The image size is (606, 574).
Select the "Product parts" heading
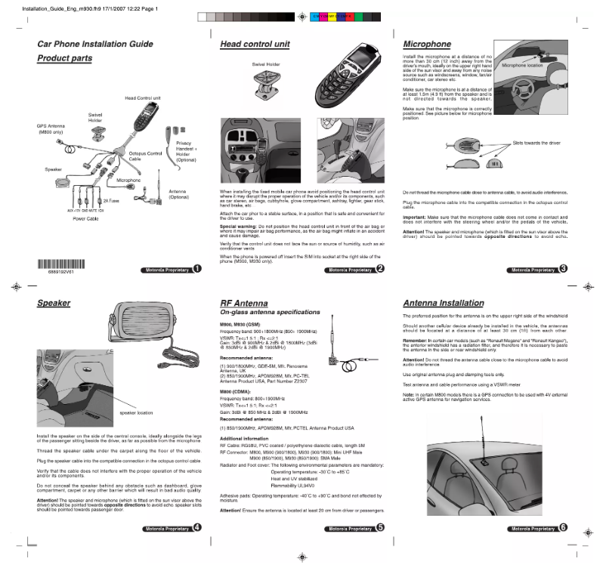65,58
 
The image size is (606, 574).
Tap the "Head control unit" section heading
255,45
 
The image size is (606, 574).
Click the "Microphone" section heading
427,45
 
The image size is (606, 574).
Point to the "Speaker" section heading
54,303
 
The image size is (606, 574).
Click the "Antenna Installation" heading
444,303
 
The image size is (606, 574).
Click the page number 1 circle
196,269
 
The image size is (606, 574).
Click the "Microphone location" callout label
522,66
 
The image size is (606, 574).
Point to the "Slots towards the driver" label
536,143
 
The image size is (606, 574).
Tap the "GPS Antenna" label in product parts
51,129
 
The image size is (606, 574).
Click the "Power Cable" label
85,218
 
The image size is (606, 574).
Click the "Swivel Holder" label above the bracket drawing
266,64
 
